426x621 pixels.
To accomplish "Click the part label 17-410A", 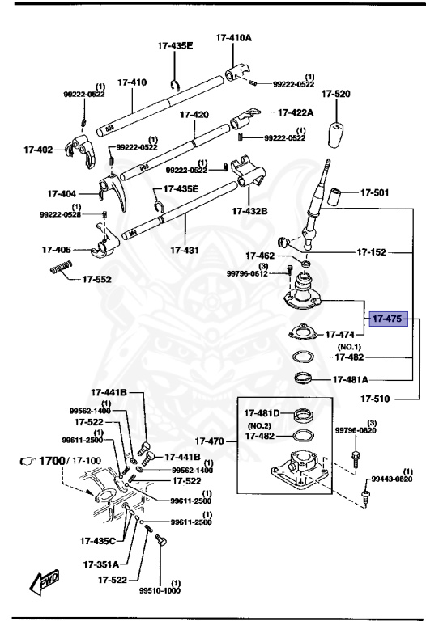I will click(x=233, y=37).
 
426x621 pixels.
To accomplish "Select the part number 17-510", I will click(x=376, y=398).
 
